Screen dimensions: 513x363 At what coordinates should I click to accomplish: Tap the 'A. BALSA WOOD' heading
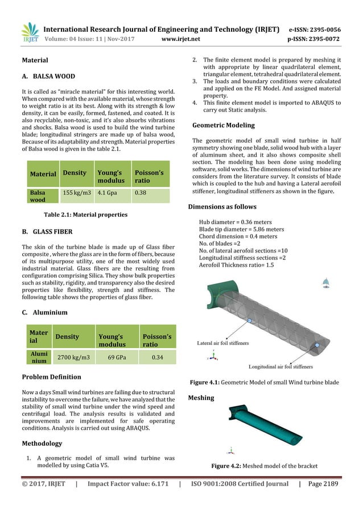(x=48, y=76)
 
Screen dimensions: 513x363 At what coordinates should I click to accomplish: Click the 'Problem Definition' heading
(x=51, y=377)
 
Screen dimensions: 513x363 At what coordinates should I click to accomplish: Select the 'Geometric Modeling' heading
(x=224, y=125)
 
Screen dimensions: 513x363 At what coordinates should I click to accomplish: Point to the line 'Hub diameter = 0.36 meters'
(x=234, y=222)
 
